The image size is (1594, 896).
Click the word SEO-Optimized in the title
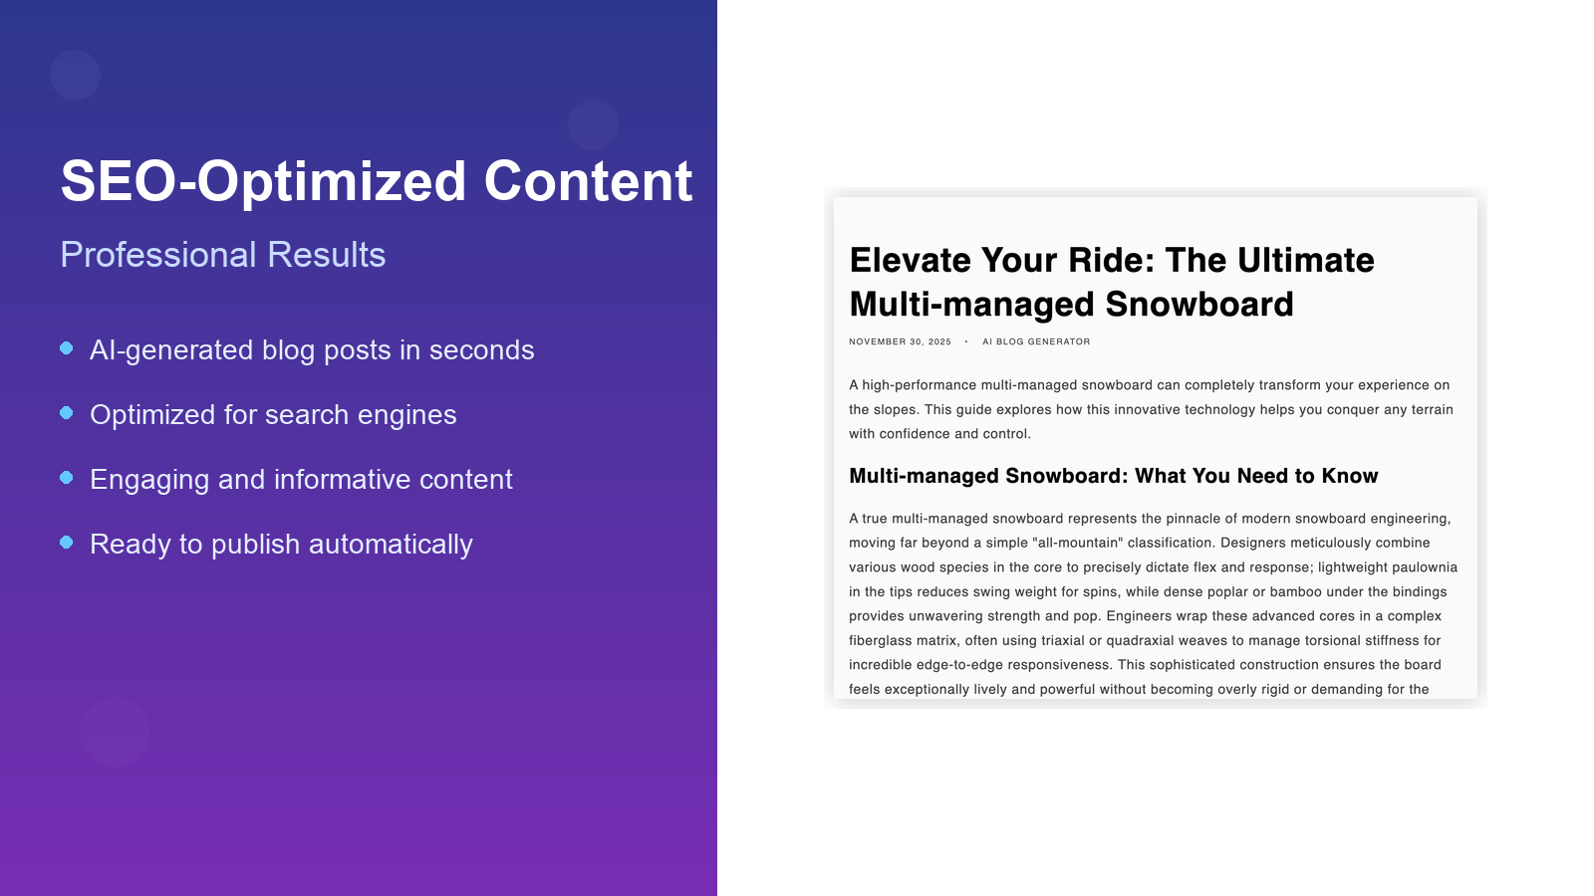[x=263, y=182]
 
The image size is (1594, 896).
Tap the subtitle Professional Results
[x=222, y=255]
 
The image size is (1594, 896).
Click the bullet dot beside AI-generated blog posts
[x=67, y=348]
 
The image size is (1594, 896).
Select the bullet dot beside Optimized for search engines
[x=67, y=413]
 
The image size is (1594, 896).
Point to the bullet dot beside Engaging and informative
[x=67, y=478]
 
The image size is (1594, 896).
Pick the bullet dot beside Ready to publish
[x=67, y=543]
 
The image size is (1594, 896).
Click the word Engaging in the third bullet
[x=149, y=480]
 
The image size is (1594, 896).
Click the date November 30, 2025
[x=900, y=341]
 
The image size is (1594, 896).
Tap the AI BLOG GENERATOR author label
[x=1036, y=341]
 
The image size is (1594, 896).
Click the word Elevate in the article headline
[x=910, y=261]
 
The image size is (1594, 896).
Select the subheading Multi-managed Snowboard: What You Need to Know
[x=1113, y=476]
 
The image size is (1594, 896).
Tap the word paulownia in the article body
[x=1425, y=567]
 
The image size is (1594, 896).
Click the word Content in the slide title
[x=588, y=182]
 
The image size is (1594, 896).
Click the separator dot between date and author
[x=966, y=341]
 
